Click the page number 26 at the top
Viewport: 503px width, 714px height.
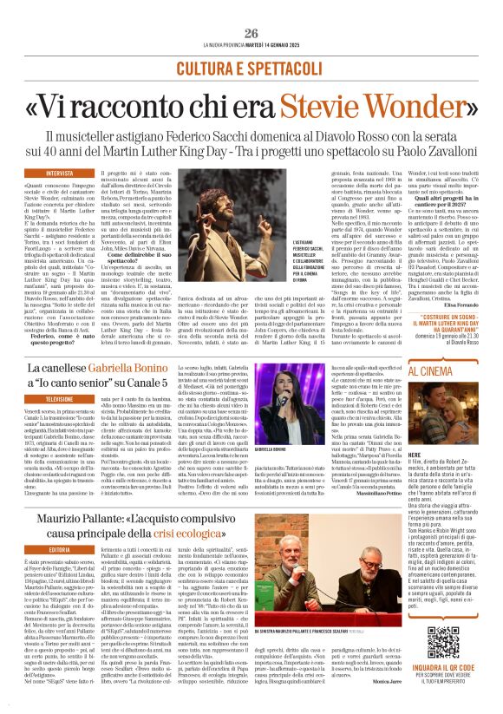coord(251,33)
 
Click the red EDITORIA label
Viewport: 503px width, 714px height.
coord(65,549)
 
